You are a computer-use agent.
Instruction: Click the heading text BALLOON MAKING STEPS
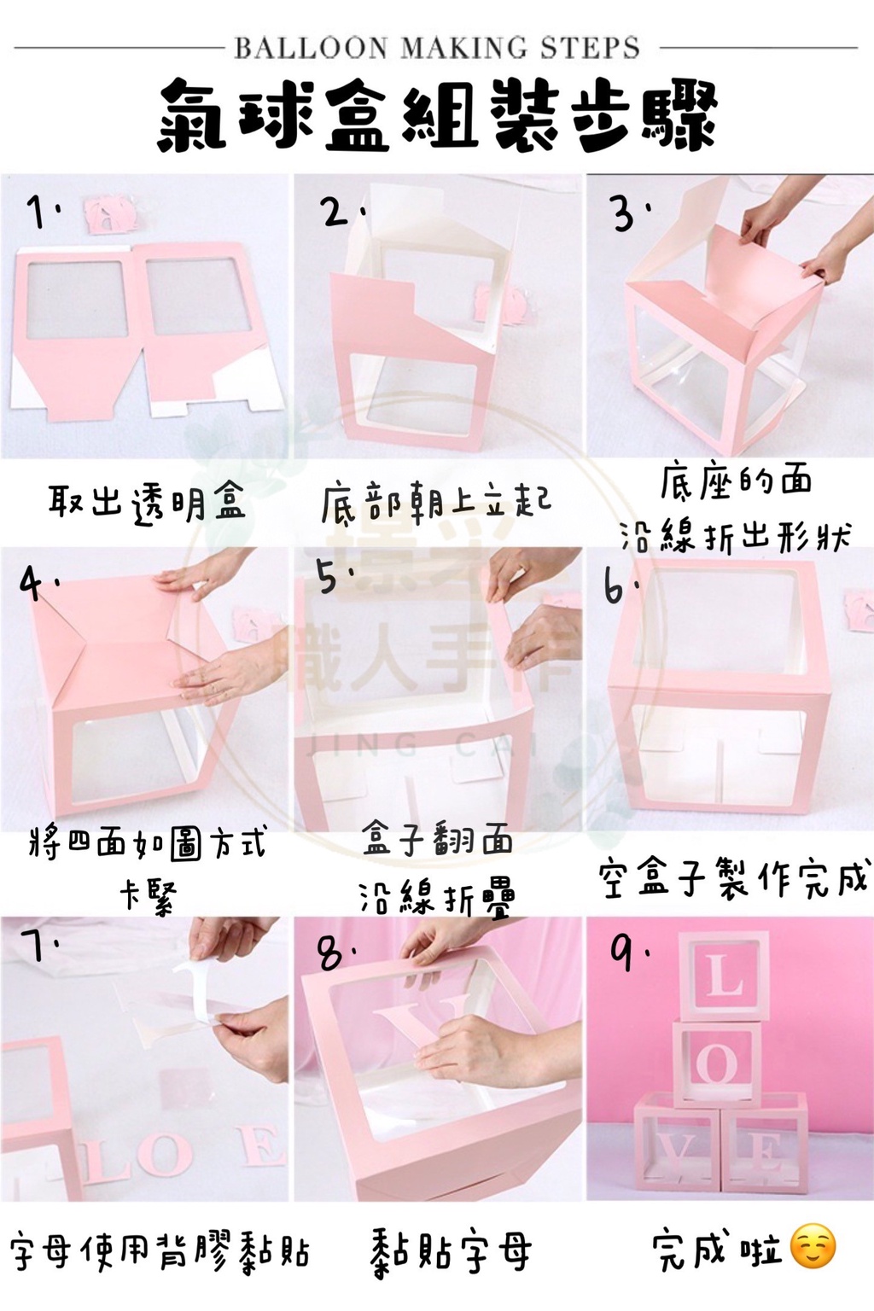pyautogui.click(x=437, y=48)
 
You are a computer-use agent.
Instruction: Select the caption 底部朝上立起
pyautogui.click(x=436, y=503)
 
